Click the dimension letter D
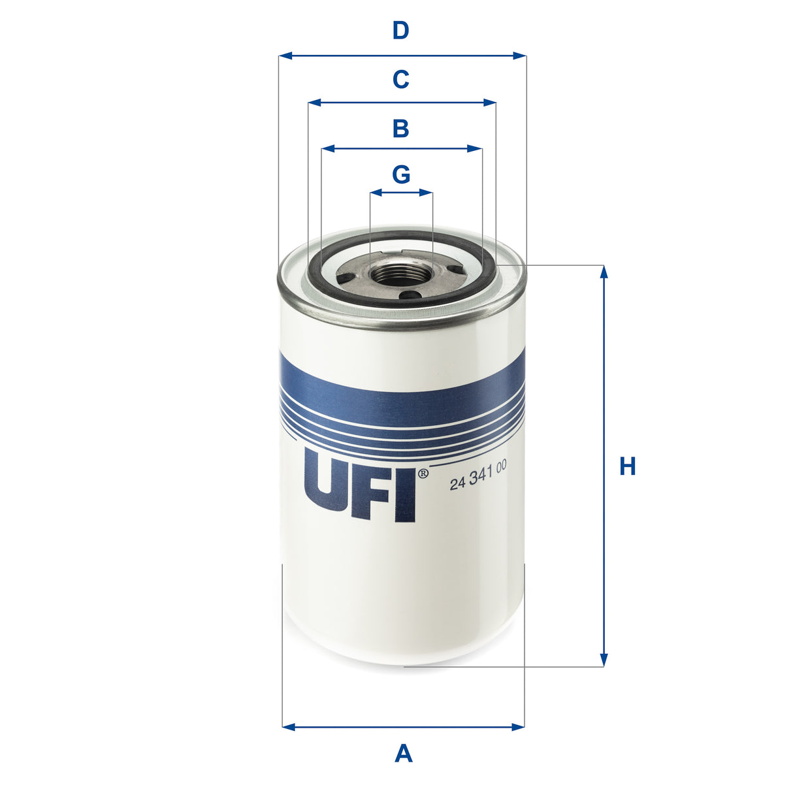pyautogui.click(x=400, y=31)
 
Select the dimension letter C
pyautogui.click(x=400, y=80)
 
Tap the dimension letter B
pyautogui.click(x=400, y=129)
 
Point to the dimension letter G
pyautogui.click(x=401, y=174)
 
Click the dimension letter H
pyautogui.click(x=627, y=466)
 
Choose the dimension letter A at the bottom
pyautogui.click(x=404, y=754)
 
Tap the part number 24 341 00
pyautogui.click(x=478, y=483)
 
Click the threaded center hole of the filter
pyautogui.click(x=400, y=273)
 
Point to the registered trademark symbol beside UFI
pyautogui.click(x=422, y=473)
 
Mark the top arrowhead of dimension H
pyautogui.click(x=604, y=271)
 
